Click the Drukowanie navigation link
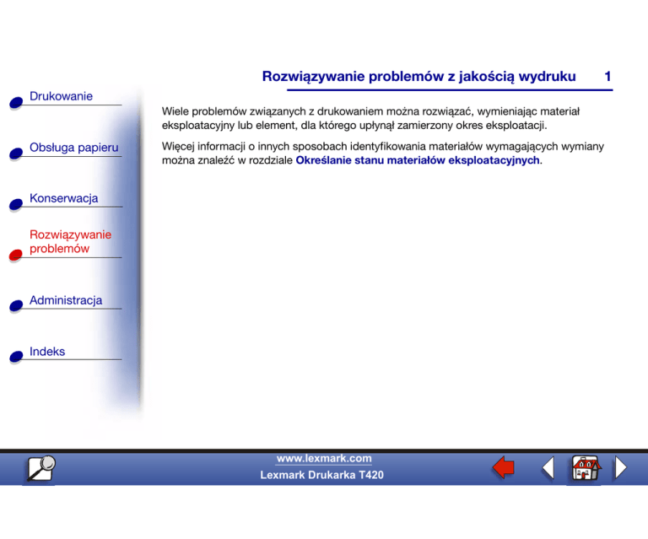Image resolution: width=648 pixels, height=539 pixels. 61,96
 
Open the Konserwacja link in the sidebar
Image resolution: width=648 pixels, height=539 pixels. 63,198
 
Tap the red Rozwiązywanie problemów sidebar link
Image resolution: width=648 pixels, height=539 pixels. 71,241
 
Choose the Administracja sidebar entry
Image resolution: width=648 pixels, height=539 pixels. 66,300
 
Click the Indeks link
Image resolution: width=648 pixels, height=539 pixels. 47,351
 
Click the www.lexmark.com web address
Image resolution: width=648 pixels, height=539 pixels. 324,458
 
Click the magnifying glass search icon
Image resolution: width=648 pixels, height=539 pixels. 39,468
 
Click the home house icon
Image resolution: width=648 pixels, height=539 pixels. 584,468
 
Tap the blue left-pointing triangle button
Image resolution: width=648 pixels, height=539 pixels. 548,468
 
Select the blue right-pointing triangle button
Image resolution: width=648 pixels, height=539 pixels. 620,468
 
